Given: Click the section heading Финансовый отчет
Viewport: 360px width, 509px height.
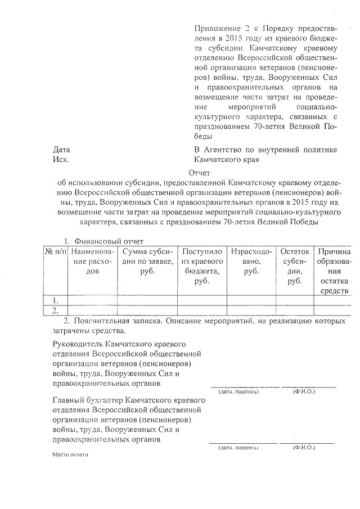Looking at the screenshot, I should pos(110,241).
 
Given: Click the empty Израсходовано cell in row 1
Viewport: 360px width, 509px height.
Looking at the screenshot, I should pos(251,300).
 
